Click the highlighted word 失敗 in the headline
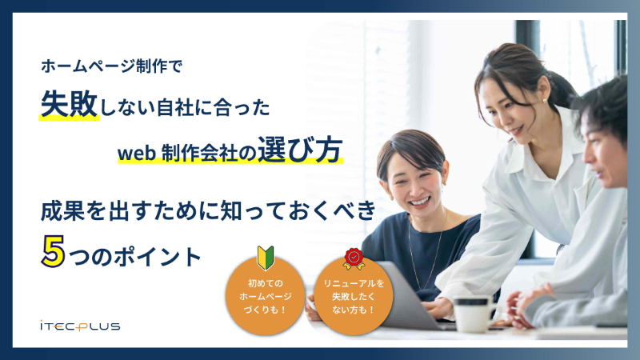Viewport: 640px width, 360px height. pyautogui.click(x=69, y=106)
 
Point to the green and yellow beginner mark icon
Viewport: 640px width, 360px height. pyautogui.click(x=266, y=258)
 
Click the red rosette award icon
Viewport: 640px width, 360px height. pyautogui.click(x=354, y=258)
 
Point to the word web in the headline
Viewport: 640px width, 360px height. pyautogui.click(x=135, y=152)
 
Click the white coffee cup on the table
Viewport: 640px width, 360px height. pyautogui.click(x=473, y=313)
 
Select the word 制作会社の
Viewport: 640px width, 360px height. pyautogui.click(x=209, y=152)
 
